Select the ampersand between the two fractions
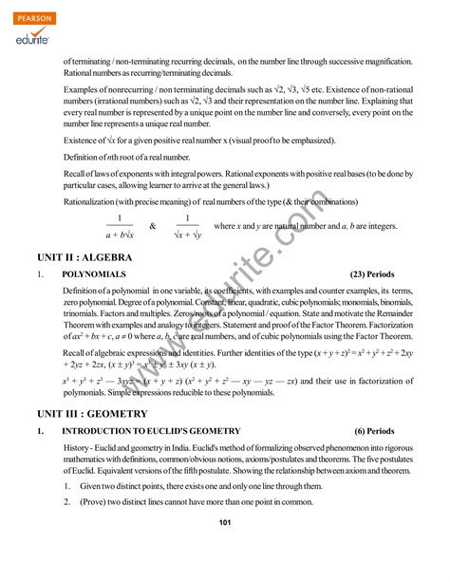(151, 227)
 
